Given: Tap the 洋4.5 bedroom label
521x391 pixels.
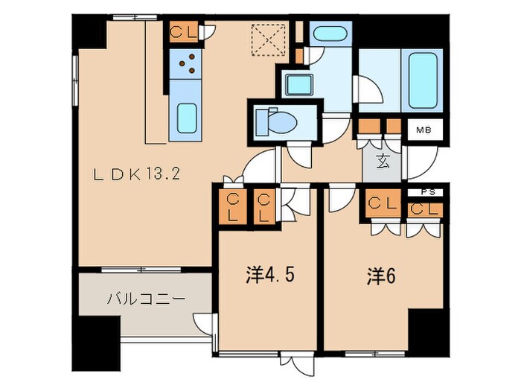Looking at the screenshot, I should pos(270,276).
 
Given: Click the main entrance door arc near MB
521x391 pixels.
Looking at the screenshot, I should pos(421,160).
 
